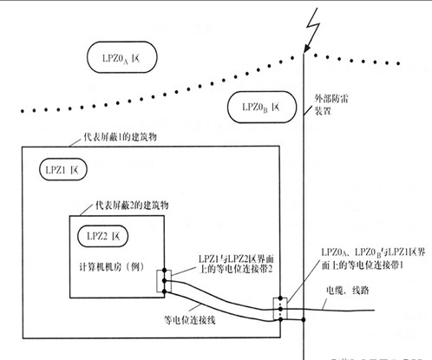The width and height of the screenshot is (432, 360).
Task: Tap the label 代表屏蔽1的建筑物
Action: (105, 139)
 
